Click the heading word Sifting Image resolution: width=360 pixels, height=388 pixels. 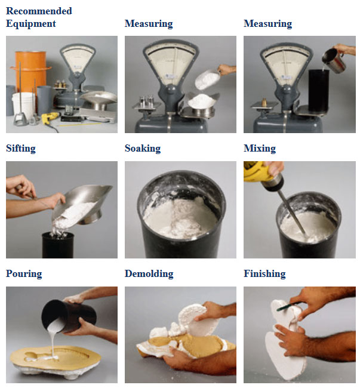21,149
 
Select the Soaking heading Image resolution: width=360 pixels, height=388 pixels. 143,149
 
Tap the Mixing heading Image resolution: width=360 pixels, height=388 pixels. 260,149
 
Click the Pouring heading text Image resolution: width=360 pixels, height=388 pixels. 24,273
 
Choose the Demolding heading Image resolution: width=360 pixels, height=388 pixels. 149,273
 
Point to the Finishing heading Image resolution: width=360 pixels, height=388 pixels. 264,273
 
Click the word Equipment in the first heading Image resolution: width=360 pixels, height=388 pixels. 31,24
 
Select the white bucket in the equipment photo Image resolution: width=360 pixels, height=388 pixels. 23,105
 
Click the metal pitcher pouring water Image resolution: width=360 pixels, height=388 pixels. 334,60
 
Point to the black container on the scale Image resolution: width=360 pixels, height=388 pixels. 319,91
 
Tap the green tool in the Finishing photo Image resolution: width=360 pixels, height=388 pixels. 288,306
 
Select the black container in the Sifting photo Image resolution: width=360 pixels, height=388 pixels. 58,245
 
